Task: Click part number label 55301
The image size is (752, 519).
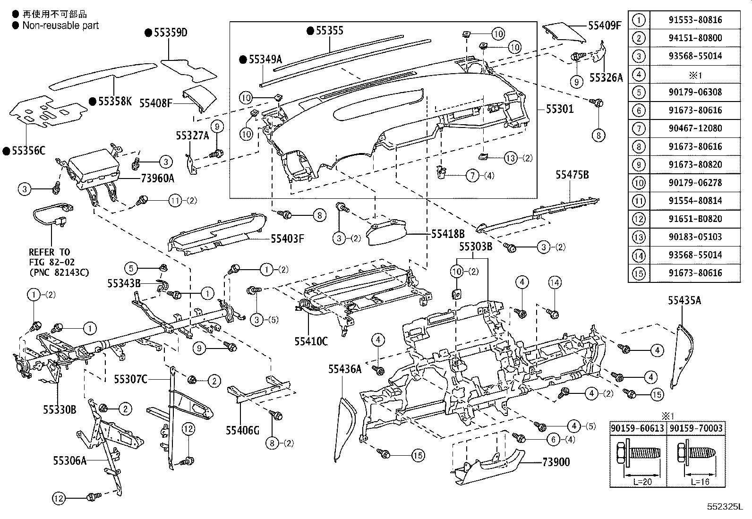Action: point(560,109)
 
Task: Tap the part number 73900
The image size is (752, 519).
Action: point(556,462)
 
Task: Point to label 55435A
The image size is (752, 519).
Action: point(684,300)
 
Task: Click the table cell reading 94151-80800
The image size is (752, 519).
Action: point(695,38)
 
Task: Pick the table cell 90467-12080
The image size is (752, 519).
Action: point(695,128)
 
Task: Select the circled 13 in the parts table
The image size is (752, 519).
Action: point(639,237)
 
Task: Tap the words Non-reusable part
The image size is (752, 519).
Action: point(60,26)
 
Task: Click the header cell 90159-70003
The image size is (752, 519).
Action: point(695,428)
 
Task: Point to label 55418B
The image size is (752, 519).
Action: point(448,233)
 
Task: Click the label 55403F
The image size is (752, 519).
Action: point(287,238)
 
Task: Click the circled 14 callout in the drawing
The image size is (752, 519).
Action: point(555,283)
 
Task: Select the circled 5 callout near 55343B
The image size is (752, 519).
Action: point(131,269)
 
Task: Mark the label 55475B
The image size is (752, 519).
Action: point(572,175)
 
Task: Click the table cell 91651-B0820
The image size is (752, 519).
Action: point(695,219)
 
